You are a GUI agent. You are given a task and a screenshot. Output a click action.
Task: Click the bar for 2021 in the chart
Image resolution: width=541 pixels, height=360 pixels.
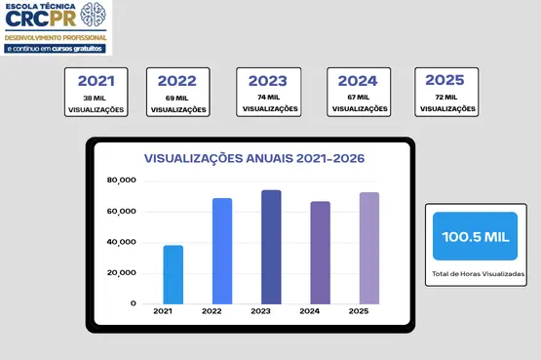click(x=174, y=275)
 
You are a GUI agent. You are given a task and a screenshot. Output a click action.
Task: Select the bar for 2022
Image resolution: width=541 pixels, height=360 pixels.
click(x=222, y=252)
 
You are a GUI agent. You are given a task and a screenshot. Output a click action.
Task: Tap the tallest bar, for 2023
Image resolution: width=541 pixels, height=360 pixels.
click(x=271, y=247)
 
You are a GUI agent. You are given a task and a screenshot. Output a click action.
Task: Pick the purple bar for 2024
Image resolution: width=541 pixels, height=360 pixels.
click(x=320, y=253)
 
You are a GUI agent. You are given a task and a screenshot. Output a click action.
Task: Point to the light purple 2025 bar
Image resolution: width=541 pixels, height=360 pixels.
click(x=369, y=248)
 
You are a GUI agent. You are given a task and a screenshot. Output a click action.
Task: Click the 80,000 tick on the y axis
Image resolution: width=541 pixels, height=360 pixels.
click(x=122, y=180)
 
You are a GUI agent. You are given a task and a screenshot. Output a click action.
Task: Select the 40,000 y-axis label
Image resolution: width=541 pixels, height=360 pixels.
click(x=122, y=242)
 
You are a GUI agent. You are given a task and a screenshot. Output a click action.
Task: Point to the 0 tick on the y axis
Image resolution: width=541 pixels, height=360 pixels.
click(x=134, y=303)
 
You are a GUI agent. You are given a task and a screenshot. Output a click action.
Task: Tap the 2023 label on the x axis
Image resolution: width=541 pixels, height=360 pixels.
click(x=260, y=311)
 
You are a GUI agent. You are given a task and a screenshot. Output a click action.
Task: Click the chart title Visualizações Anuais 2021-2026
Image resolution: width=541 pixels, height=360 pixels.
click(x=254, y=158)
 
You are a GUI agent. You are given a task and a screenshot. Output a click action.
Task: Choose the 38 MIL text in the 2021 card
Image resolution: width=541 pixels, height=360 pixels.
click(x=95, y=98)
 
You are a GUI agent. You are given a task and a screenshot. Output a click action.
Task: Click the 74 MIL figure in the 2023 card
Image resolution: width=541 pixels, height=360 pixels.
click(x=268, y=98)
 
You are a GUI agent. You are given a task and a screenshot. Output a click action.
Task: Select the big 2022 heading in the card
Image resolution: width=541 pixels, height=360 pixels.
click(x=177, y=81)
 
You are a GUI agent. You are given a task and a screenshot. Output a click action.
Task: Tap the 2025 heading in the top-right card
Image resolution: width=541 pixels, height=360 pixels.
click(x=444, y=80)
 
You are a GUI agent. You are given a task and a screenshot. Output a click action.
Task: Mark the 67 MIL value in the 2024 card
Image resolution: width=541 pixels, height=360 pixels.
click(x=358, y=98)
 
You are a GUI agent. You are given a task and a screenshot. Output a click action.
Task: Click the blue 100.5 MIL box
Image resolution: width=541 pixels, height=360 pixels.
click(x=475, y=236)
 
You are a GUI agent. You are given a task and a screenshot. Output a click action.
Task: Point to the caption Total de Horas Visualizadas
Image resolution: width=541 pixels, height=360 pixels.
click(x=479, y=274)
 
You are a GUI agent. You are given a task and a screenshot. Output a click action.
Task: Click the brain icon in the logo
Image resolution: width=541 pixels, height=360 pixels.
click(x=93, y=15)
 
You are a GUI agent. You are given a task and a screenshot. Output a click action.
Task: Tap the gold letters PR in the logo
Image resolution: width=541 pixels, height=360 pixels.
click(x=62, y=19)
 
